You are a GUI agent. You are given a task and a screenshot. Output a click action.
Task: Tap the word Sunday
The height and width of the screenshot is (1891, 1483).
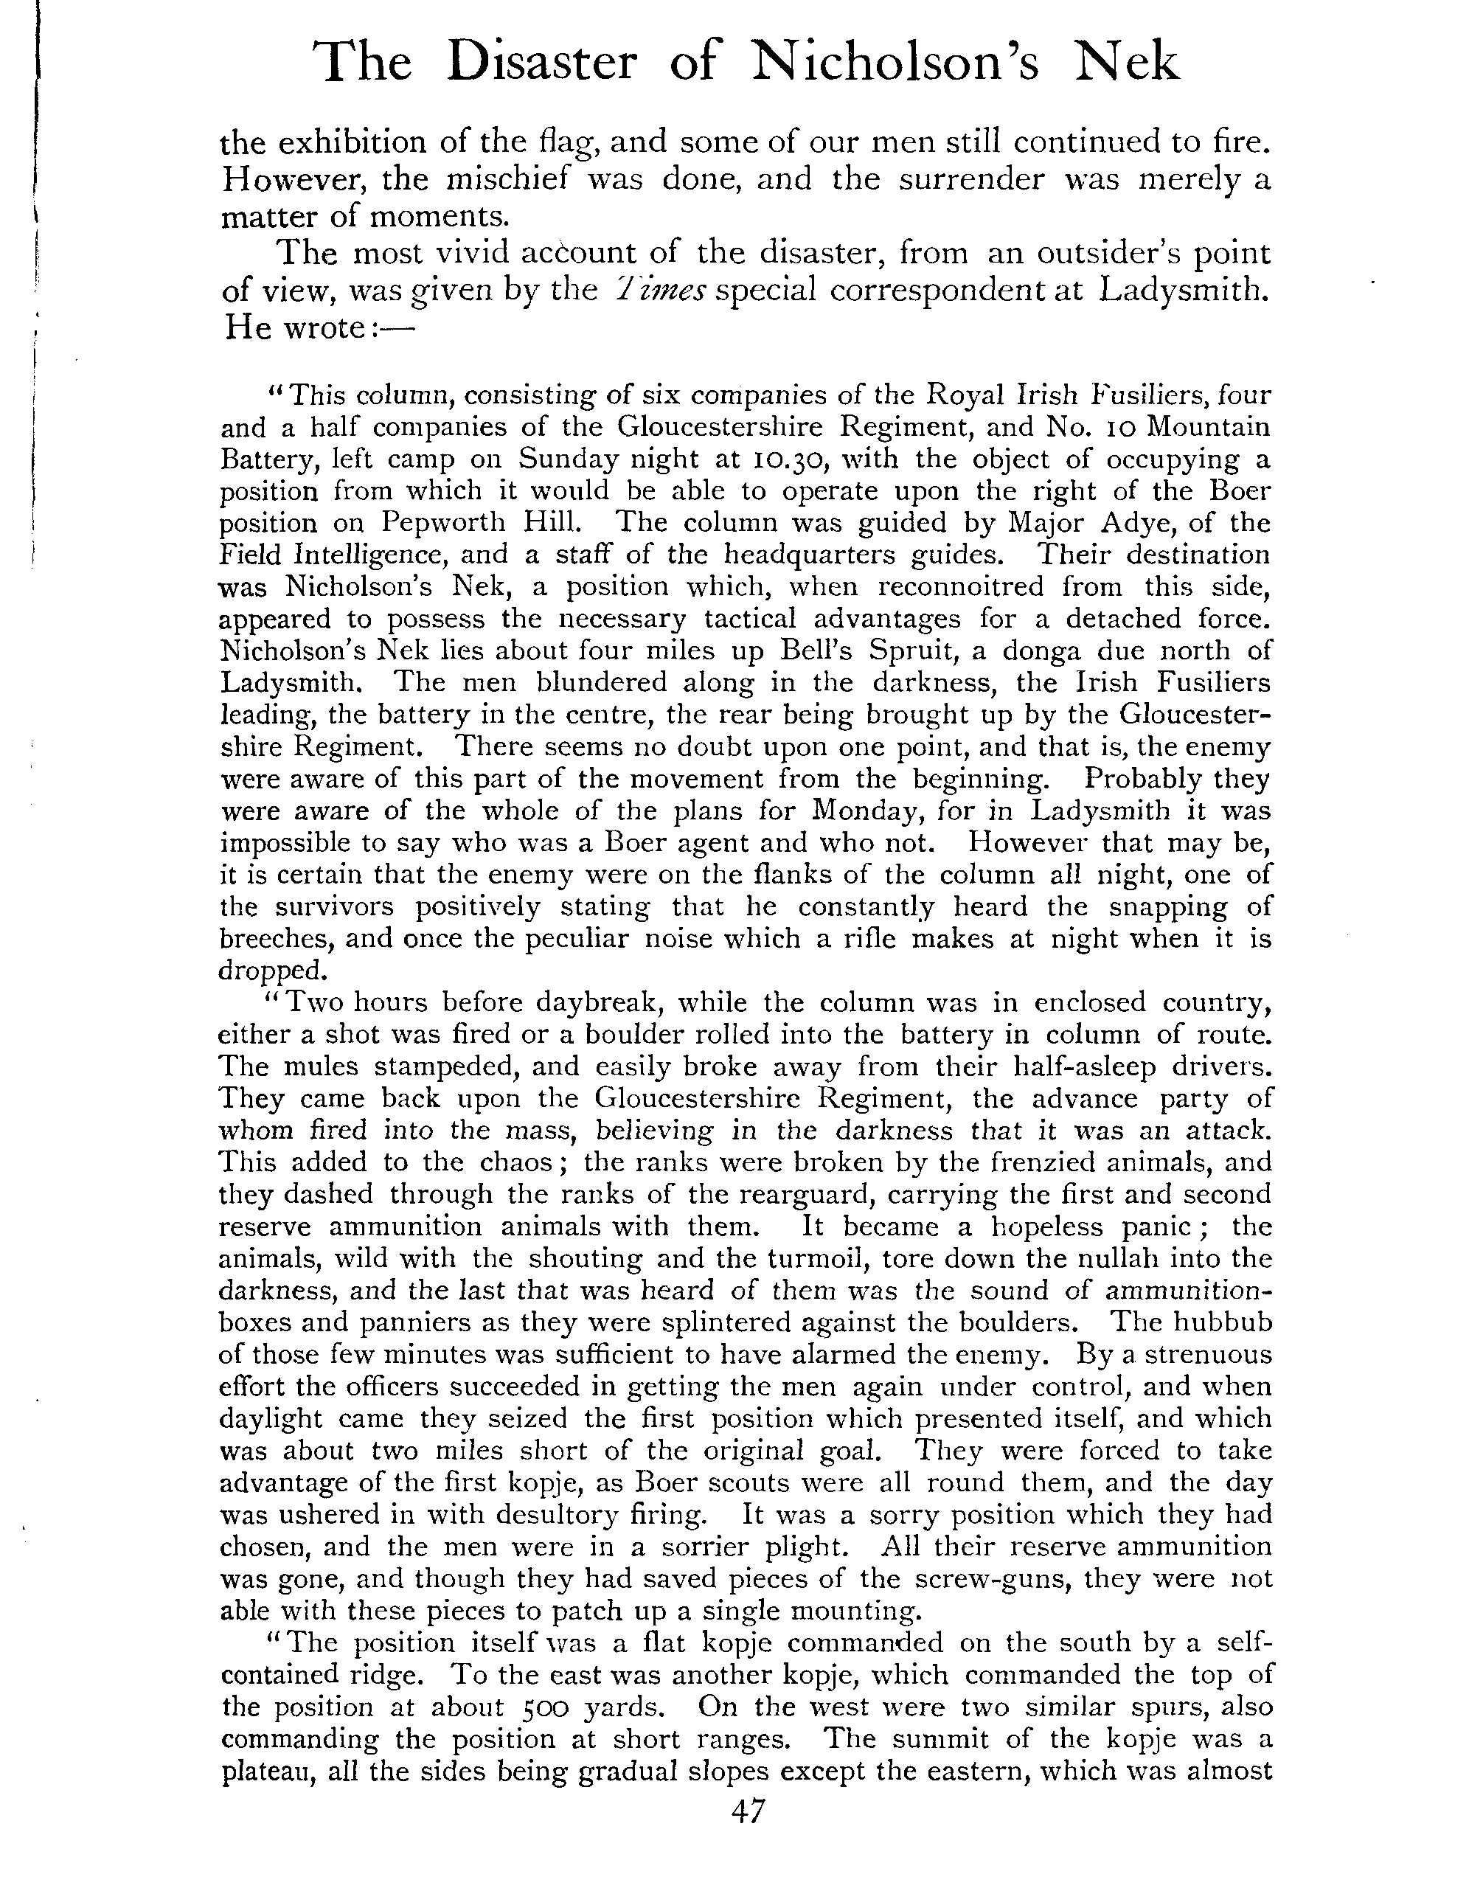click(565, 459)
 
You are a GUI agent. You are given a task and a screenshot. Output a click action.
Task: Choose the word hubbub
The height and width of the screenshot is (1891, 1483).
click(1222, 1322)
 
